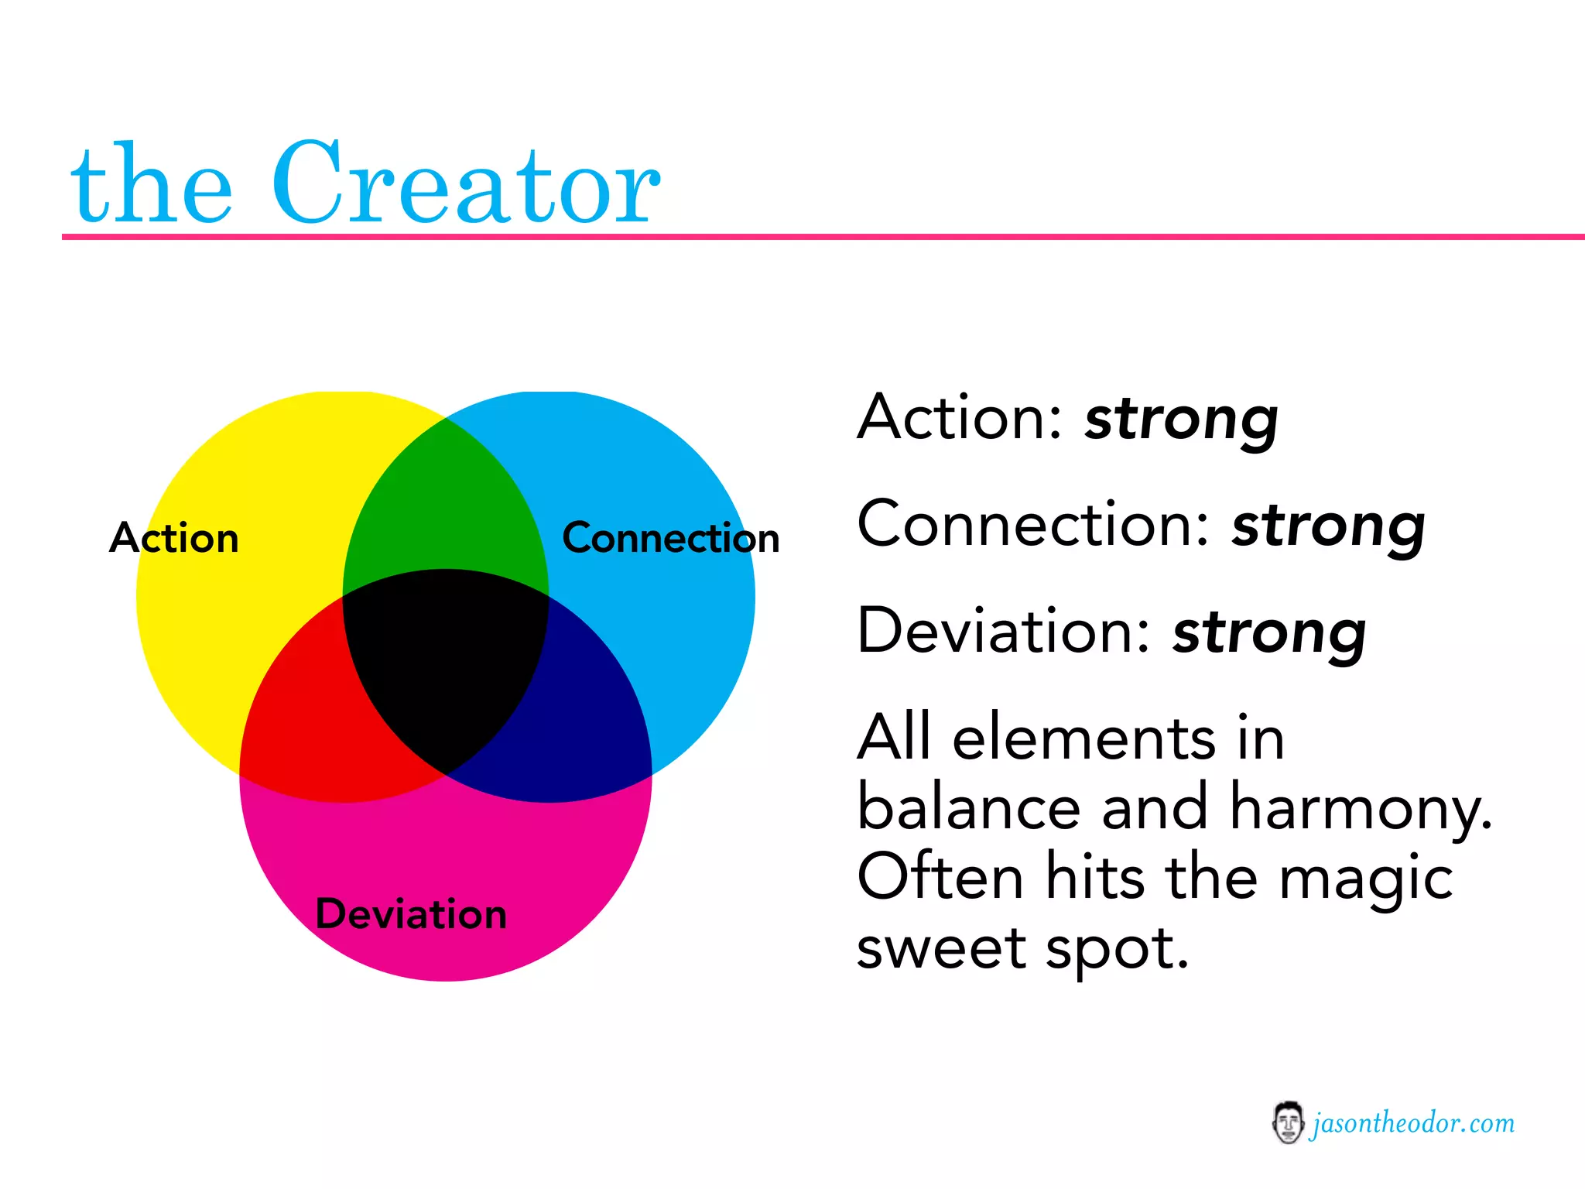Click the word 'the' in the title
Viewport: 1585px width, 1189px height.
click(x=151, y=186)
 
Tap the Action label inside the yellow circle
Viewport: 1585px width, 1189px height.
click(x=174, y=537)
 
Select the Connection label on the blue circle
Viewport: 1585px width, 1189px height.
click(x=670, y=537)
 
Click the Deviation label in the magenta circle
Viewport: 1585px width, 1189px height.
click(x=411, y=913)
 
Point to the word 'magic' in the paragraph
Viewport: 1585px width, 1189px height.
click(x=1365, y=879)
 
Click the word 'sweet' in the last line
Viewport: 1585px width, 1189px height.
click(x=940, y=948)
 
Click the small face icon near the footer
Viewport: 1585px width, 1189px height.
click(x=1287, y=1122)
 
